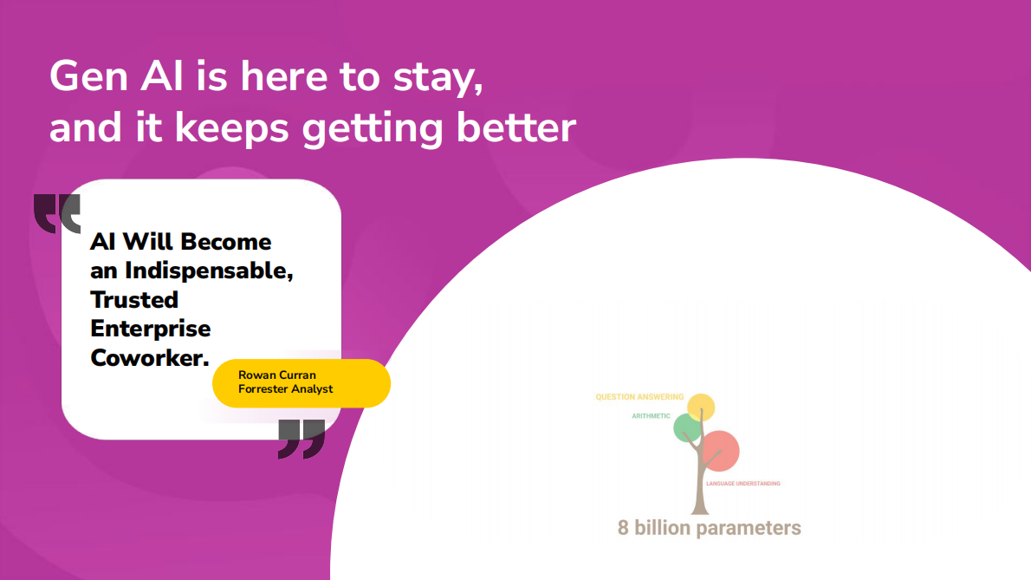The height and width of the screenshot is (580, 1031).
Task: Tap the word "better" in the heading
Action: [516, 127]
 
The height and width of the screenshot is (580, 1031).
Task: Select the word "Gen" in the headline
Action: [88, 76]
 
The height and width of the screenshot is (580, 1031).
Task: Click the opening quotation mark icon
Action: [57, 214]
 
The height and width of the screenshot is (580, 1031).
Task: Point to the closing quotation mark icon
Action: [302, 440]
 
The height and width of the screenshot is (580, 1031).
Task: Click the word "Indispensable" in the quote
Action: [209, 271]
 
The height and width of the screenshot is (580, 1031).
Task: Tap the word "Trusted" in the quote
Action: [134, 300]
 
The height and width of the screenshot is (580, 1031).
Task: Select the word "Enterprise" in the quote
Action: [151, 329]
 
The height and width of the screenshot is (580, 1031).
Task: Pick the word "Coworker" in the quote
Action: [149, 358]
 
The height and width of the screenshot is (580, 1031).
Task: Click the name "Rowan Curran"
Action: [277, 375]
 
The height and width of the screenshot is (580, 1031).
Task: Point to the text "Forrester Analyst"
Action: [285, 389]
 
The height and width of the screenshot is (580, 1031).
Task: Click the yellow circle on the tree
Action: [701, 407]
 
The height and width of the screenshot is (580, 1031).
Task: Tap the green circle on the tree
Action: [688, 428]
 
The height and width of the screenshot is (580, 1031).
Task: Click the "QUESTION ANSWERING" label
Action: [639, 397]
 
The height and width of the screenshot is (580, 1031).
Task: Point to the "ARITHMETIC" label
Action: [651, 416]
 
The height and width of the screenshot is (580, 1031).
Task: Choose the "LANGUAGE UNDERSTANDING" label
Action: [743, 484]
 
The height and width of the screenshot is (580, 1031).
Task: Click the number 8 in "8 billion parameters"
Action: [623, 528]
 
